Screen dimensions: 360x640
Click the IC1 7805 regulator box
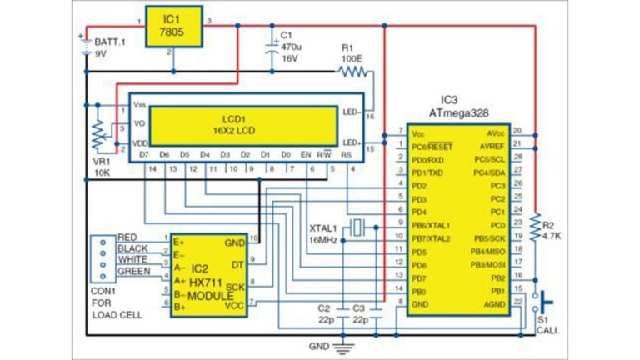pyautogui.click(x=172, y=26)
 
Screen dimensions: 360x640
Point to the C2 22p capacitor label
pyautogui.click(x=324, y=313)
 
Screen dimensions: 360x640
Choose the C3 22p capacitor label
pyautogui.click(x=359, y=313)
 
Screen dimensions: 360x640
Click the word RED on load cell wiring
pyautogui.click(x=128, y=237)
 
